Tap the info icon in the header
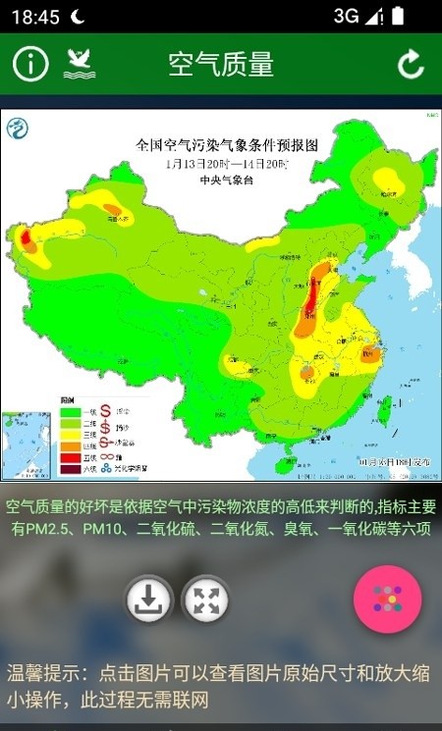[30, 65]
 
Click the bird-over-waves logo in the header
[80, 65]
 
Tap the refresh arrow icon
[410, 65]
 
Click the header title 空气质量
[220, 65]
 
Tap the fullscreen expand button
[205, 600]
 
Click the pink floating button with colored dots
[387, 600]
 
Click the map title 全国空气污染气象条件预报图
[227, 144]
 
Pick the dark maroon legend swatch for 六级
[70, 469]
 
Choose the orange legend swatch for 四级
[70, 446]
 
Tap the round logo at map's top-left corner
[18, 128]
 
